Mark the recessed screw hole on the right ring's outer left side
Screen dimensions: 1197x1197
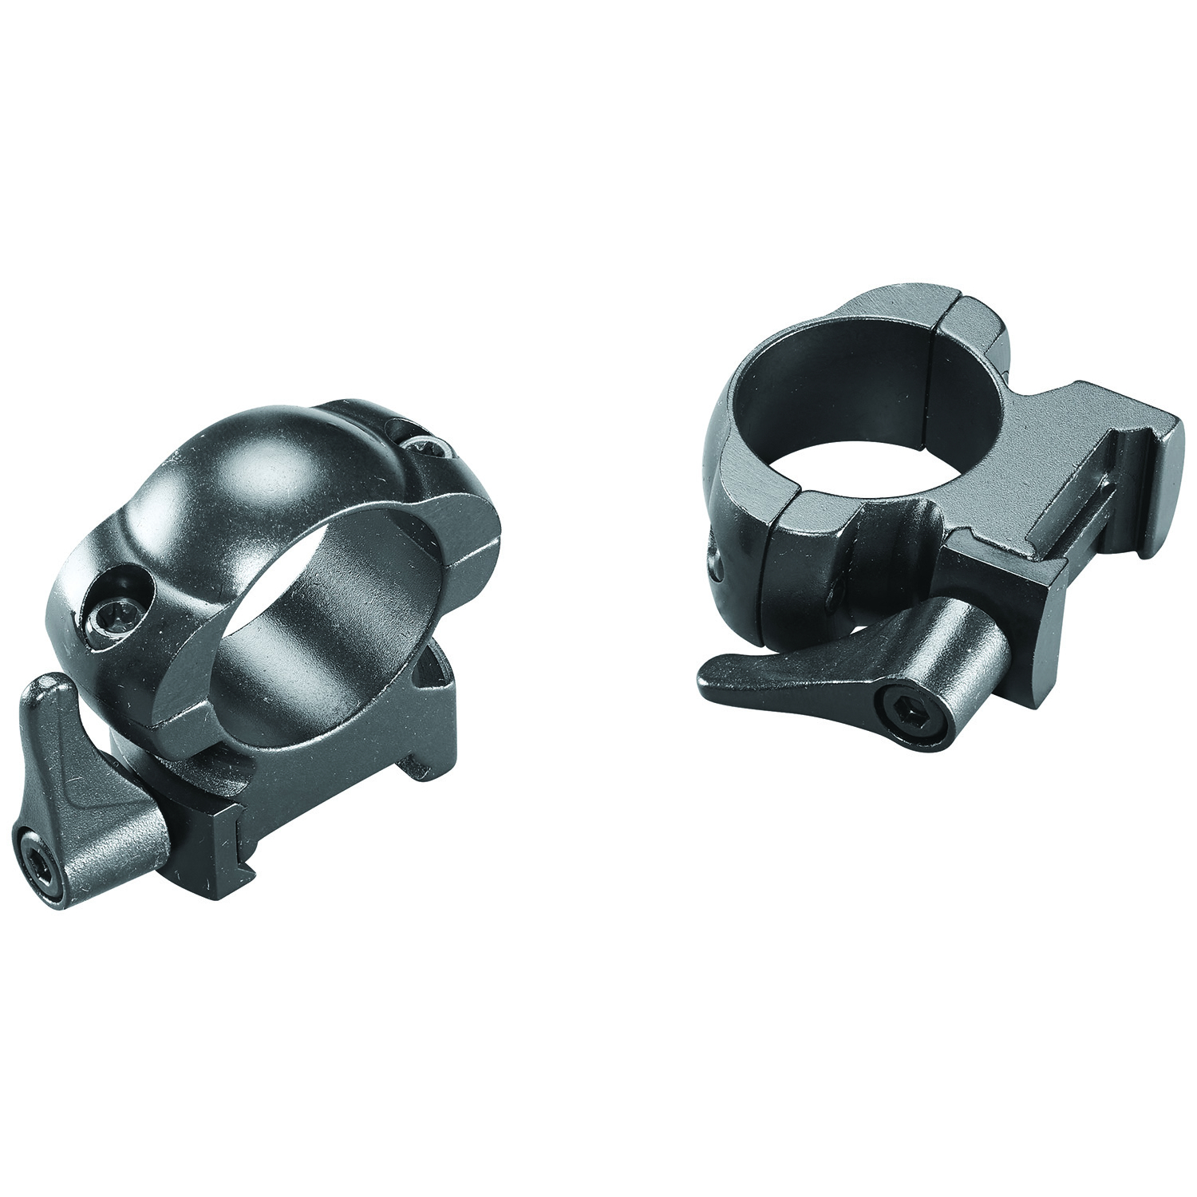713,563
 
